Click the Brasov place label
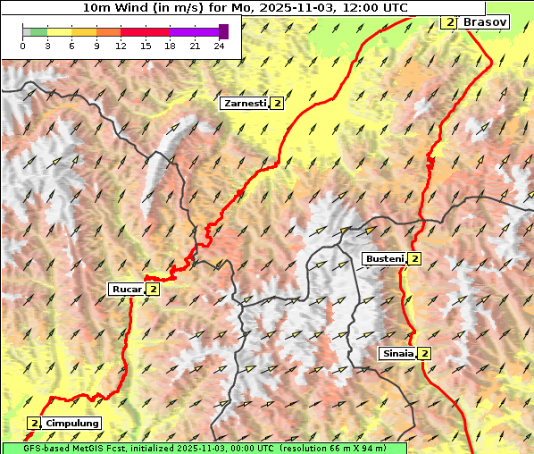[486, 21]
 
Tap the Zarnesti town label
[245, 104]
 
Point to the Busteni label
[383, 259]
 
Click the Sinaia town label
[397, 353]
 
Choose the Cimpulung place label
[71, 423]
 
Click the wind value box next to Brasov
[449, 21]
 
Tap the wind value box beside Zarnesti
[278, 104]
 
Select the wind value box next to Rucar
[153, 289]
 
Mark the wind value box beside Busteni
[414, 259]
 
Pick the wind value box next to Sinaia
[424, 353]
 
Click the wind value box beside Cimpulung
[34, 423]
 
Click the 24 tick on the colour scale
[219, 45]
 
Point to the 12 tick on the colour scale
[121, 45]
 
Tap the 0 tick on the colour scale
[23, 45]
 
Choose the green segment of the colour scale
[38, 31]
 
